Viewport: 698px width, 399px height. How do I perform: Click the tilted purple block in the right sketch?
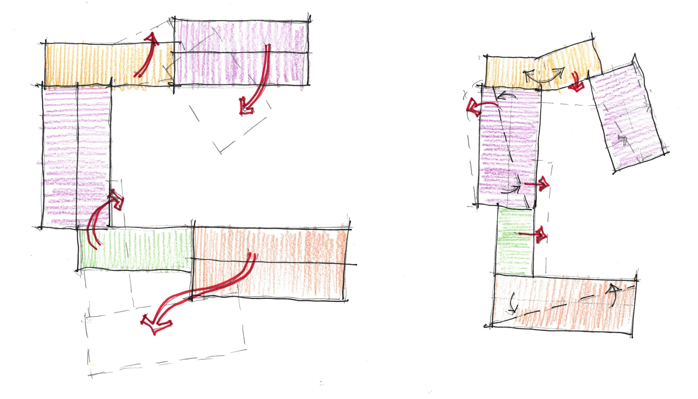coord(628,117)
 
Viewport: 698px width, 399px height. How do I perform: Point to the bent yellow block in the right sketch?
coord(542,70)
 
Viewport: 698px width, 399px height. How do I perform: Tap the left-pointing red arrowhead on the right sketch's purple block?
coord(473,108)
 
